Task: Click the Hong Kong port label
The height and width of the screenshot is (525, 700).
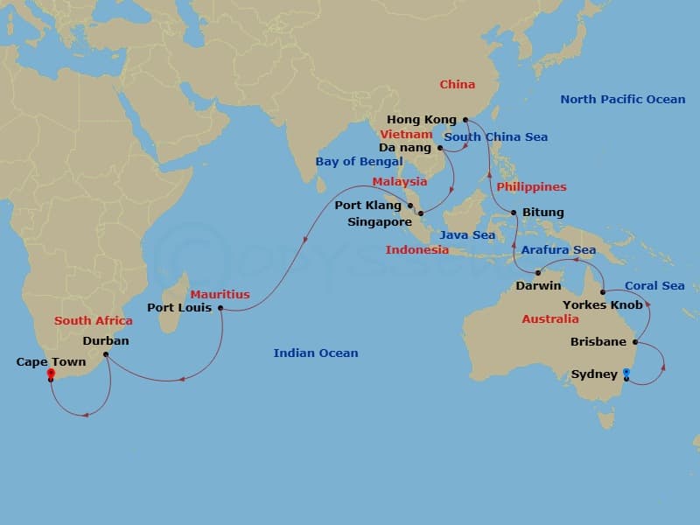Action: (422, 119)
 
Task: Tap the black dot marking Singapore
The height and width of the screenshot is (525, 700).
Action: (421, 213)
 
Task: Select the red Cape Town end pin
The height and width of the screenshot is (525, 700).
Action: (51, 374)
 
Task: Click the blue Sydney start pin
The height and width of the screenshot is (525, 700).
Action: (626, 374)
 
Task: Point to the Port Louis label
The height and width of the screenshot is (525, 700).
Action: (179, 308)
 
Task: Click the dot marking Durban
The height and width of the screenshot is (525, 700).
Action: (105, 354)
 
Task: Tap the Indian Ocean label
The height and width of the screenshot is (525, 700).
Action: (316, 353)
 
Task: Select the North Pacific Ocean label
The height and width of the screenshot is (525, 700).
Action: (622, 100)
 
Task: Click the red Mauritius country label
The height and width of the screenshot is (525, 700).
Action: (220, 295)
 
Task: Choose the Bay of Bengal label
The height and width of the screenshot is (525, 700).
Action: (359, 162)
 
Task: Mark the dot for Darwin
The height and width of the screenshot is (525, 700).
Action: (538, 273)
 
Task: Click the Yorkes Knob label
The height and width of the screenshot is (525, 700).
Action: (602, 305)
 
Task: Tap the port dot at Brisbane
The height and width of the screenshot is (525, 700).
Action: (635, 342)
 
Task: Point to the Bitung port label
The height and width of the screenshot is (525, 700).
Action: (542, 213)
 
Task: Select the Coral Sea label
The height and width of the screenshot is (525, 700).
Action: (654, 286)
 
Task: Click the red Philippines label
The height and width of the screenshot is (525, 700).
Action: (531, 187)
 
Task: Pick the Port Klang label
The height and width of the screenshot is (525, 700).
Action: (368, 206)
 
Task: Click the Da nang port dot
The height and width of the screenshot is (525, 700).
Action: (440, 148)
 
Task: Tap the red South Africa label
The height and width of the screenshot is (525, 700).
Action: (94, 321)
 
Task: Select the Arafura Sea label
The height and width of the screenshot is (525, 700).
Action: (558, 250)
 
